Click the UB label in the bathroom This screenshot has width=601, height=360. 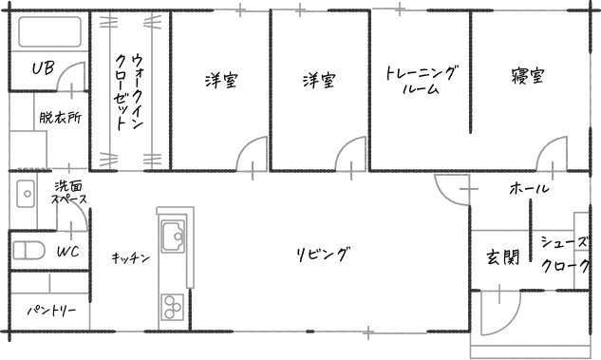pyautogui.click(x=43, y=68)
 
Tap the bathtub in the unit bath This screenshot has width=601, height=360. pyautogui.click(x=49, y=31)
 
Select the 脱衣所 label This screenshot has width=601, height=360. pyautogui.click(x=60, y=117)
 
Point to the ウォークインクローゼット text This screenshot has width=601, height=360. pyautogui.click(x=128, y=92)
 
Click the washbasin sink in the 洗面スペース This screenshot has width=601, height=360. pyautogui.click(x=26, y=194)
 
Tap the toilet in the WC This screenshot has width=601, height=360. pyautogui.click(x=28, y=251)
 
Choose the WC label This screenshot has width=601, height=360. pyautogui.click(x=68, y=252)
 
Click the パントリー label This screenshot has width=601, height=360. pyautogui.click(x=51, y=311)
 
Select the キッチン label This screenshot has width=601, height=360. pyautogui.click(x=130, y=258)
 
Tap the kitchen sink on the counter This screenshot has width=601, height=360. pyautogui.click(x=172, y=237)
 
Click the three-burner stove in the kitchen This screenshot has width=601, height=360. pyautogui.click(x=172, y=307)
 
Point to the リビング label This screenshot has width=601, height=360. pyautogui.click(x=324, y=255)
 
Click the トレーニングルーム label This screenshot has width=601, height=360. pyautogui.click(x=421, y=80)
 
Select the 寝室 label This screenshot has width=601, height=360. pyautogui.click(x=527, y=76)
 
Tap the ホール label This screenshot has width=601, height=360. pyautogui.click(x=530, y=188)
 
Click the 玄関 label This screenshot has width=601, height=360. pyautogui.click(x=503, y=256)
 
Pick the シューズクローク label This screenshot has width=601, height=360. pyautogui.click(x=565, y=254)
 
